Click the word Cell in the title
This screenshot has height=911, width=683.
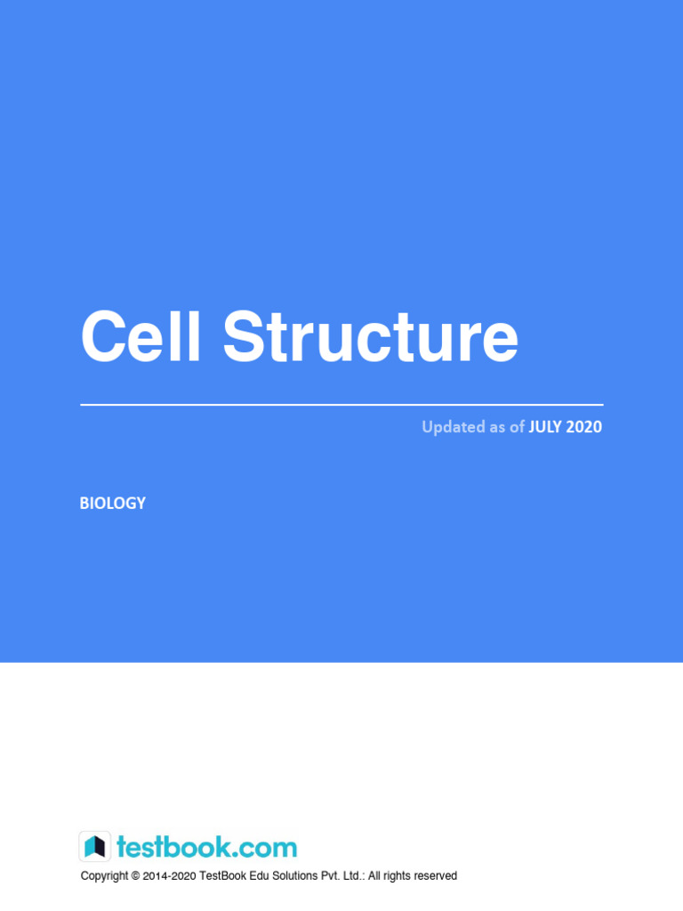(x=141, y=337)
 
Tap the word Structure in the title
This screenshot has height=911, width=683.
(x=370, y=337)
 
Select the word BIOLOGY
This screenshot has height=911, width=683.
(x=113, y=504)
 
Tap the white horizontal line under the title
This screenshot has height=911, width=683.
(x=341, y=405)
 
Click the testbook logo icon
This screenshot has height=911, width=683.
(x=95, y=846)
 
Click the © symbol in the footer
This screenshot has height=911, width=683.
(x=135, y=876)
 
